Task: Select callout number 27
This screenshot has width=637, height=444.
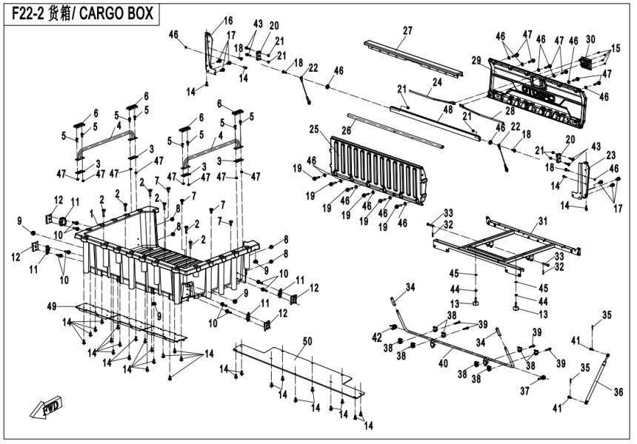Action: coord(407,30)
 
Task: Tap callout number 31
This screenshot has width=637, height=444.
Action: coord(542,221)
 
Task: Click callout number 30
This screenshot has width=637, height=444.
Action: coord(590,39)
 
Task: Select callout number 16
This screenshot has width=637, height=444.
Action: coord(227,20)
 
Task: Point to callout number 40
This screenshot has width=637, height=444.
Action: coord(444,363)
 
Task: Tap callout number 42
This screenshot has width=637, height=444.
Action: coord(376,337)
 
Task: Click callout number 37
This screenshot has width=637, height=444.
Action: coord(525,390)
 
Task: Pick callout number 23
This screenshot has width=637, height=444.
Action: coord(611,155)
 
